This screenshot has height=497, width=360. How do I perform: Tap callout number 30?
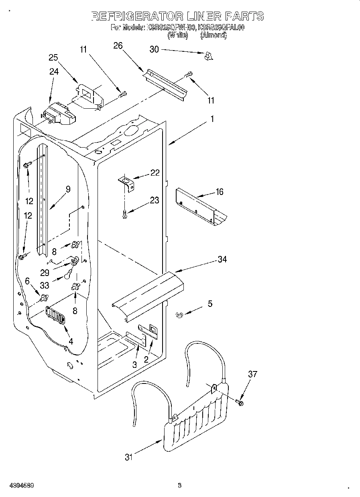(154, 49)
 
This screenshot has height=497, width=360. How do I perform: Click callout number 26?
(118, 46)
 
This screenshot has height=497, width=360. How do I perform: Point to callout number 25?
(53, 57)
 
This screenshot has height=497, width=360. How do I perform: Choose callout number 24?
(54, 71)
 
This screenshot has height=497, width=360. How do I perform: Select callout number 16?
(219, 192)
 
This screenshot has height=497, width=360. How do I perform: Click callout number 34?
(222, 259)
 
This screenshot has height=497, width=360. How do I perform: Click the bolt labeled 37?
(240, 402)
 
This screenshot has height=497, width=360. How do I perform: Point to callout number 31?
(128, 457)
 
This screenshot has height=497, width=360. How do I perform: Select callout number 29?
(45, 272)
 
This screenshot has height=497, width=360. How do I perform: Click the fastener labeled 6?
(44, 298)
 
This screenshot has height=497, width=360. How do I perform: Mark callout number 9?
(68, 189)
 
